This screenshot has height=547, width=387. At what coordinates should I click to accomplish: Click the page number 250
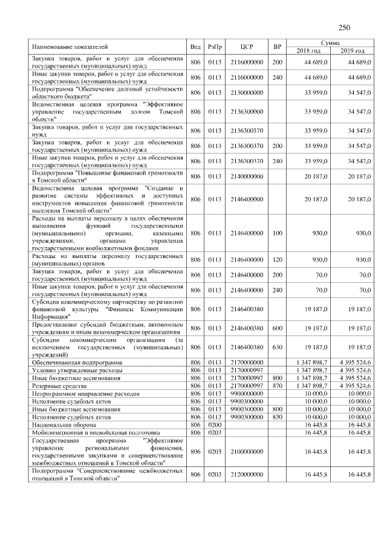tap(345, 27)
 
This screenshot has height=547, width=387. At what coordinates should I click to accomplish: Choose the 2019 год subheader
tap(352, 51)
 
